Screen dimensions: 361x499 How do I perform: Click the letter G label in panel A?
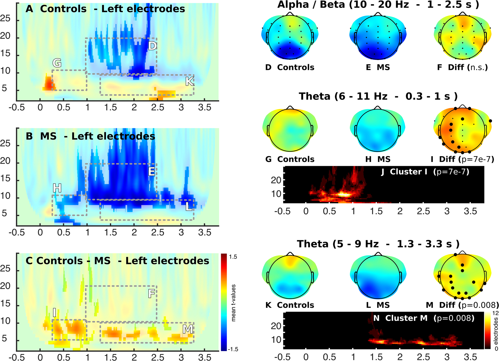coord(57,63)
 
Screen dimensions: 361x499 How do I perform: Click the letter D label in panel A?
coord(152,46)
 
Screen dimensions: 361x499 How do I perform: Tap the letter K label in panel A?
coord(190,81)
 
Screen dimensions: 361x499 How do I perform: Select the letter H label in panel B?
coord(57,188)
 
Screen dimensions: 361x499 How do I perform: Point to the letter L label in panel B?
coord(189,207)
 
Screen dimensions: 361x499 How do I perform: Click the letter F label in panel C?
coord(152,294)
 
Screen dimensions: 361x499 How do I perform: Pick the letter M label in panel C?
coord(187,329)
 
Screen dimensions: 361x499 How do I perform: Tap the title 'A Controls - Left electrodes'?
coord(105,9)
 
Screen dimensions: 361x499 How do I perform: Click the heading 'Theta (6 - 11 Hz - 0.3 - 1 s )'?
coord(378,96)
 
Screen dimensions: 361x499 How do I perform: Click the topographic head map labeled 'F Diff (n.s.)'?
coord(462,38)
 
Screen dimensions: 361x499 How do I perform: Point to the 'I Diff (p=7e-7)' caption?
coord(462,159)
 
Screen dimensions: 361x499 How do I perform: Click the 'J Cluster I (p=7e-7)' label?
coord(425,172)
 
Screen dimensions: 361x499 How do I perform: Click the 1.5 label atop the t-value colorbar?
coord(233,257)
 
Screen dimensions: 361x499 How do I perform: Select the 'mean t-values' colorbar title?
coord(234,303)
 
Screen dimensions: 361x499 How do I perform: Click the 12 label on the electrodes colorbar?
coord(495,313)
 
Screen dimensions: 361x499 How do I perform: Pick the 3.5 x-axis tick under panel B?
coord(204,233)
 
